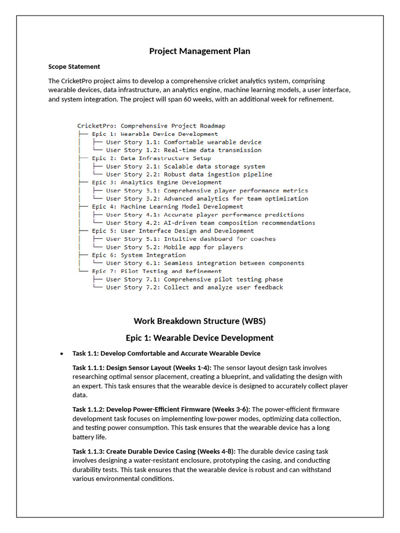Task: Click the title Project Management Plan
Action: point(199,51)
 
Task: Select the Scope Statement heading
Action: point(74,67)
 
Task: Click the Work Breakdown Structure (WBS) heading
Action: point(199,321)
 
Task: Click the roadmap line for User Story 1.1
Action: point(183,142)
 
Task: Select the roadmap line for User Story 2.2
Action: point(189,174)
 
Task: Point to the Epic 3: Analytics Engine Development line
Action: point(156,182)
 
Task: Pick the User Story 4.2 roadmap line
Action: point(210,223)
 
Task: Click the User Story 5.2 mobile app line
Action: point(174,247)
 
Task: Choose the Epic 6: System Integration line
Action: point(139,255)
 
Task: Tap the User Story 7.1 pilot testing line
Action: point(194,280)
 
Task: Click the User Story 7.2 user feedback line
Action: point(194,287)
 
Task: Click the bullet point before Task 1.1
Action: point(61,354)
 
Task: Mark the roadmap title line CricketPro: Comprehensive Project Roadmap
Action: point(151,126)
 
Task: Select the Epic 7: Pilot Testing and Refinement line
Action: point(156,271)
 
